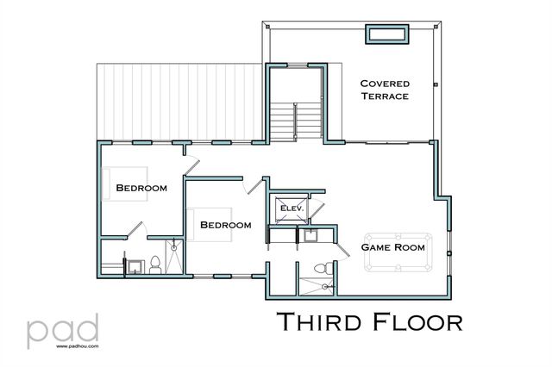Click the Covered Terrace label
click(x=385, y=89)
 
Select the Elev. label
click(x=287, y=207)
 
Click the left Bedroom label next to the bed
click(x=141, y=187)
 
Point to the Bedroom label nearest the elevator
click(x=225, y=225)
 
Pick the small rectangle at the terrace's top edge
click(x=386, y=34)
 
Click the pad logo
click(x=62, y=328)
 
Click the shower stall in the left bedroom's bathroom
click(x=174, y=258)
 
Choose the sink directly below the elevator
click(x=309, y=235)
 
